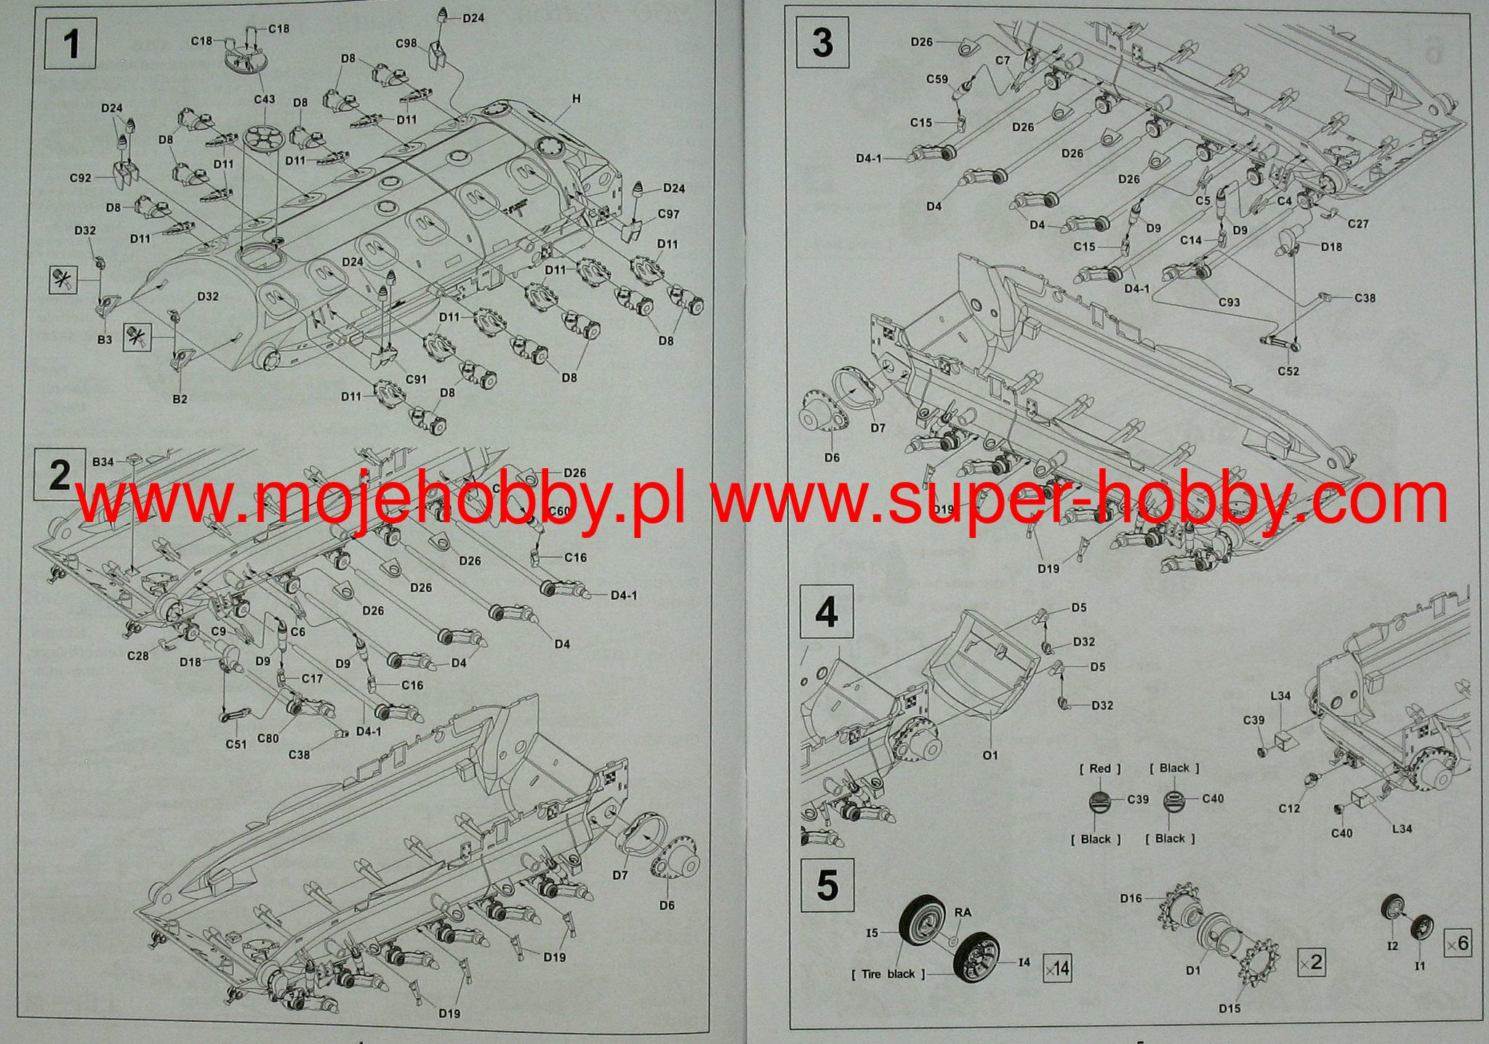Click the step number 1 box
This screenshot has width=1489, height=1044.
[71, 44]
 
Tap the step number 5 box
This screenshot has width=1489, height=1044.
[827, 885]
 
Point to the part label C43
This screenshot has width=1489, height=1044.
[265, 99]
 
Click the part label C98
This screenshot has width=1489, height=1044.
[406, 44]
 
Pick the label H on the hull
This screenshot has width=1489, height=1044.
[577, 99]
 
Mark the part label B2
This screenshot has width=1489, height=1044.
[180, 399]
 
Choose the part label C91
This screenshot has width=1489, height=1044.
[416, 380]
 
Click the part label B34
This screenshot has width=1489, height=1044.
[103, 462]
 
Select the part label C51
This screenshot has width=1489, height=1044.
[236, 744]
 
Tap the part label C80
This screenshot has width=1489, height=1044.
[268, 739]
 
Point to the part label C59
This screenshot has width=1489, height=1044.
[937, 79]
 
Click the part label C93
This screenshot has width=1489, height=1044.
[1229, 302]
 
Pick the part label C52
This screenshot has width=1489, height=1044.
[1288, 371]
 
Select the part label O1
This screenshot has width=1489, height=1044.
[990, 755]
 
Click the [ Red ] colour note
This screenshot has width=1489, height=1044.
[1099, 768]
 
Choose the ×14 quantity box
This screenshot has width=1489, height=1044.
[1057, 968]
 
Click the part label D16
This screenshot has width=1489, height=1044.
[1131, 899]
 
